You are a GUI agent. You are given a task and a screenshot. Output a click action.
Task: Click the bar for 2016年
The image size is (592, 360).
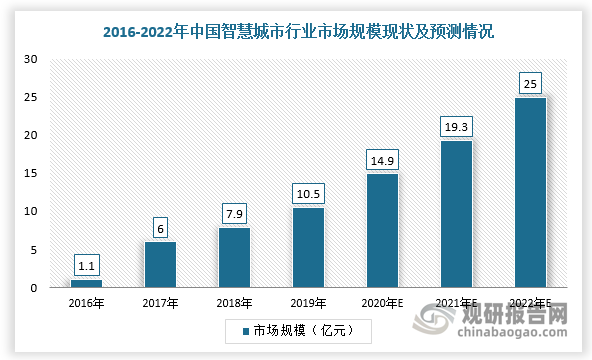[x=86, y=283]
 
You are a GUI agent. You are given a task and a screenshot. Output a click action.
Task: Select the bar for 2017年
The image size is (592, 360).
[x=160, y=264]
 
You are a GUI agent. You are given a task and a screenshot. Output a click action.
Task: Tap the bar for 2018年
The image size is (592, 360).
[x=234, y=257]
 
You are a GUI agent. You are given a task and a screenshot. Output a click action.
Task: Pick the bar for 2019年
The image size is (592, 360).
[x=308, y=247]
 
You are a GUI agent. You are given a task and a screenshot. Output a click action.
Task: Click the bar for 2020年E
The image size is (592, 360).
[x=382, y=230]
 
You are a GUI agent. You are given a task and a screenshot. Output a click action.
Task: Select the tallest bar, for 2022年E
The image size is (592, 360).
[x=530, y=192]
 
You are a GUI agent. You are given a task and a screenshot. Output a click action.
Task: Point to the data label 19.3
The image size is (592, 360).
[x=456, y=127]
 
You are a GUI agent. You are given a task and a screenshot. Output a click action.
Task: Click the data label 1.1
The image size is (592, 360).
[x=86, y=266]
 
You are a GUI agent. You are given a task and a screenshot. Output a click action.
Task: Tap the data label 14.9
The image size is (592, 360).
[x=382, y=161]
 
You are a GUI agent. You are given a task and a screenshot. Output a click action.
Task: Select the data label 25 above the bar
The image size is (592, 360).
[x=530, y=83]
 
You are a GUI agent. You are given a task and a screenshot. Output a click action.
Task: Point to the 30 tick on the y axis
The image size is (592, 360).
[x=31, y=59]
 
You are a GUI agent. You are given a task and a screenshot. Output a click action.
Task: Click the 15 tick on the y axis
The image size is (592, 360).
[x=31, y=173]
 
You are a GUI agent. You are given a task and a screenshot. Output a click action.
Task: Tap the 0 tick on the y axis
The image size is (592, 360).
[x=34, y=288]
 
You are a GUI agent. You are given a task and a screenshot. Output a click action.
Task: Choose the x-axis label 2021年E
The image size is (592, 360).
[x=456, y=303]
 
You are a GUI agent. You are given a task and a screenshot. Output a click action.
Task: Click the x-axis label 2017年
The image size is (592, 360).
[x=160, y=303]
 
